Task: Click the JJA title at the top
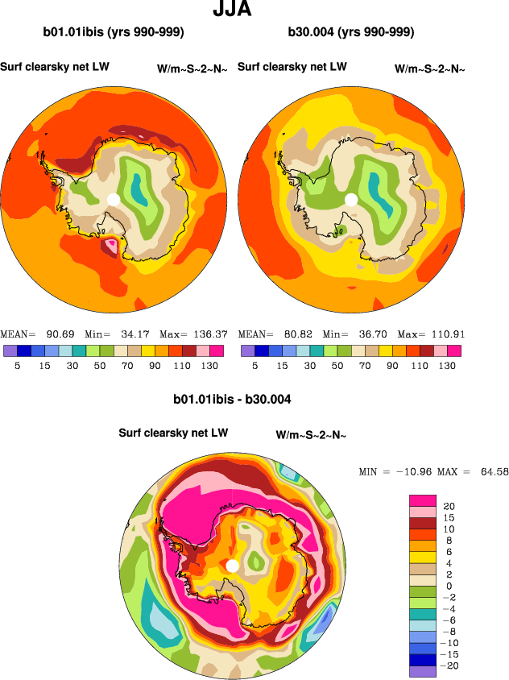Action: [232, 10]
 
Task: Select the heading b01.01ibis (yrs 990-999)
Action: [114, 33]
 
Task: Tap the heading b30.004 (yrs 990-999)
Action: [350, 33]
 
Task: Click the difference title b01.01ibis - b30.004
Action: [232, 399]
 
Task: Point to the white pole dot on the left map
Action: [114, 198]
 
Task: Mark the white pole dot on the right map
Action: [351, 198]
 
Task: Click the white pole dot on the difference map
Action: [233, 566]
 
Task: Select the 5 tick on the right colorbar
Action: [254, 365]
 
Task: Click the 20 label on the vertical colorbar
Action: [449, 506]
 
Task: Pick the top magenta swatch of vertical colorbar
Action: [422, 500]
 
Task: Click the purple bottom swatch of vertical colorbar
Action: [422, 670]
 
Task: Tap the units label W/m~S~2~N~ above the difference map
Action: [311, 436]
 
